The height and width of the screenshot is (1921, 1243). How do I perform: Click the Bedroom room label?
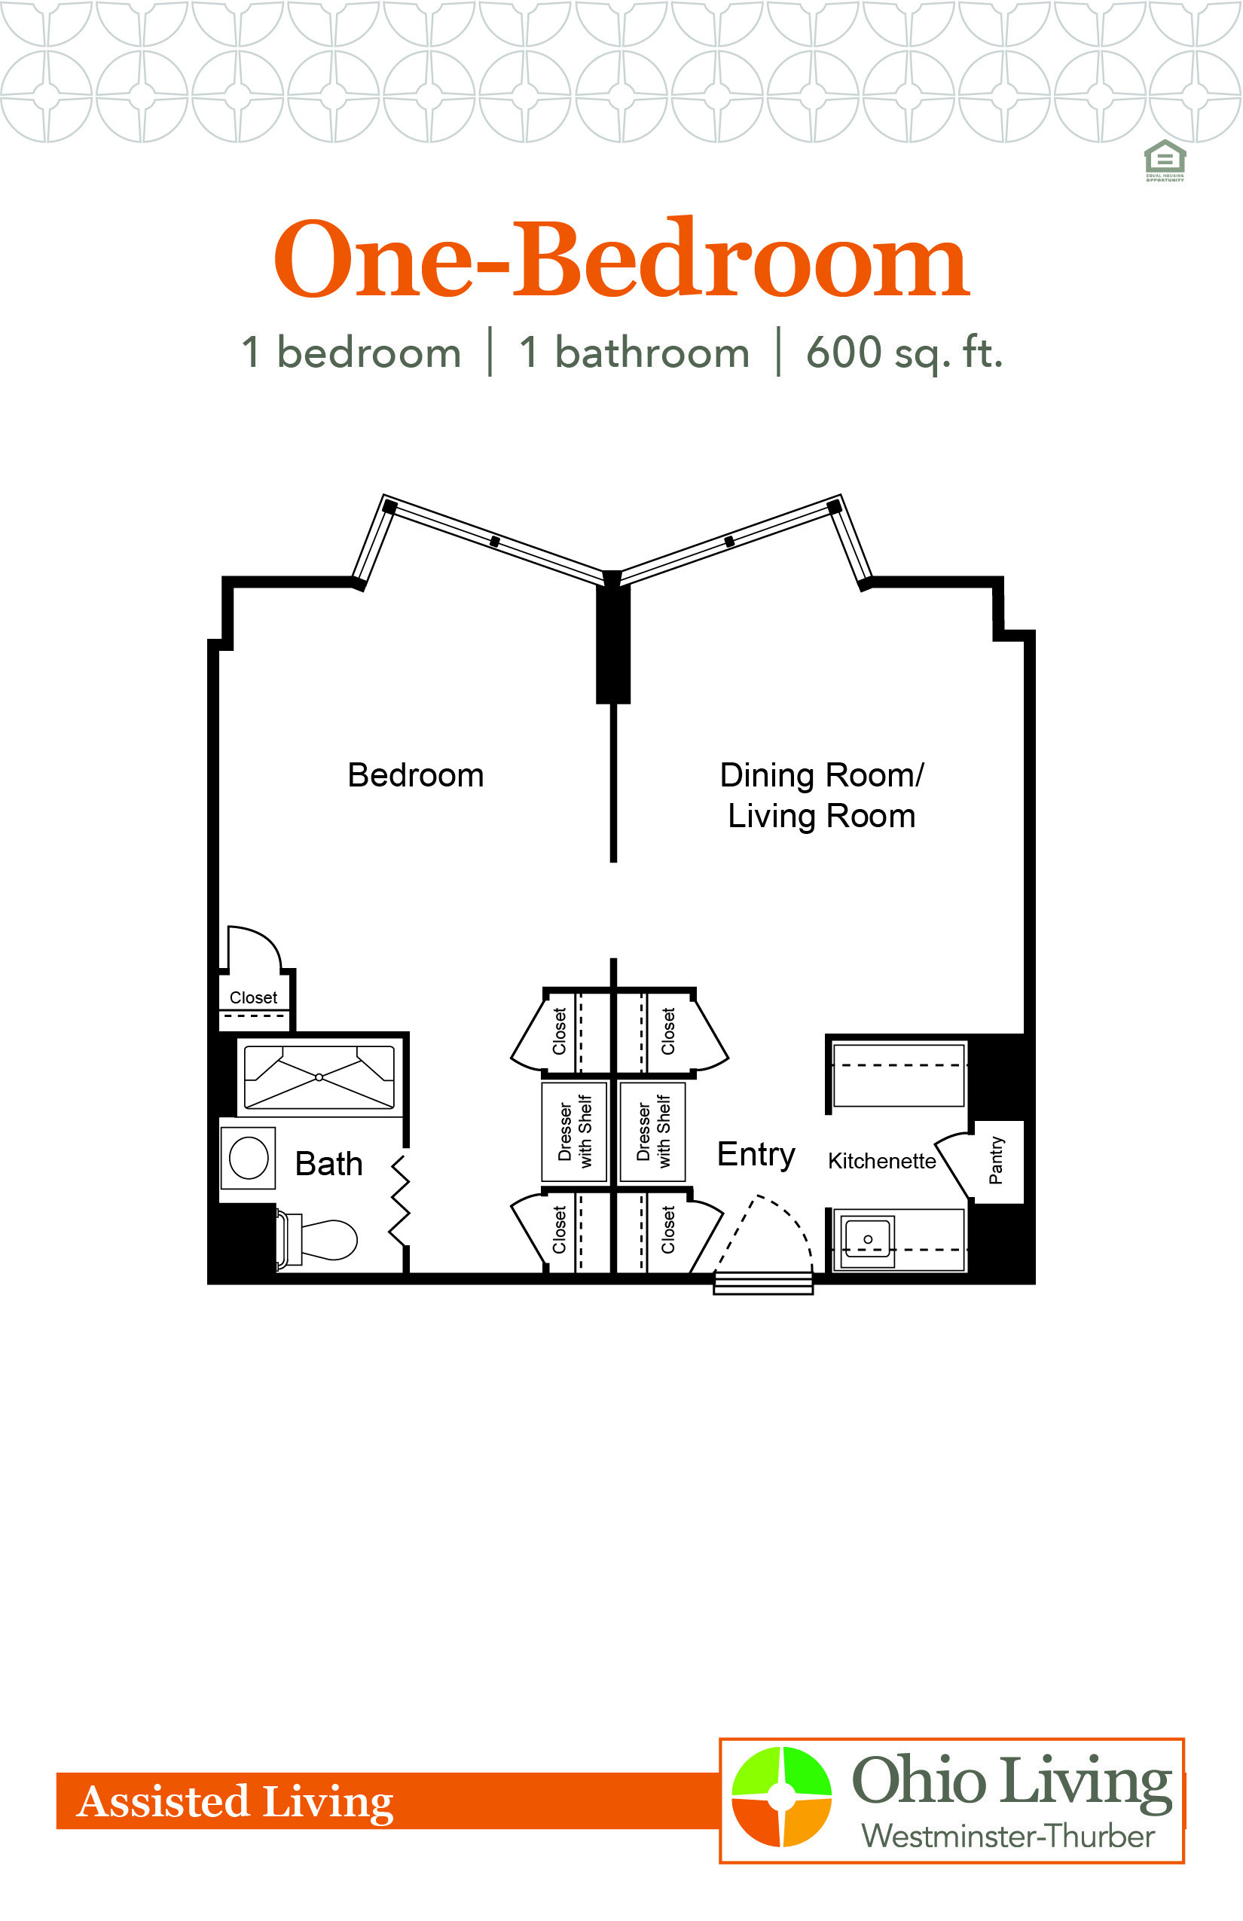416,775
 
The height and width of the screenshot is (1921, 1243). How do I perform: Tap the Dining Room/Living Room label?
822,796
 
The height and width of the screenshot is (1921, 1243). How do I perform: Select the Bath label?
328,1164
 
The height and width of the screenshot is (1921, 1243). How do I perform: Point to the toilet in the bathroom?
317,1240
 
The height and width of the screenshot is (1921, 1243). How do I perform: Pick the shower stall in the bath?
319,1077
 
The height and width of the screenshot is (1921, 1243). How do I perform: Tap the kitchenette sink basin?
868,1239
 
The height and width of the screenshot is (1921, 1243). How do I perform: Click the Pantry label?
996,1161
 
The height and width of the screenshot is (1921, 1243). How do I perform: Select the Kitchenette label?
882,1162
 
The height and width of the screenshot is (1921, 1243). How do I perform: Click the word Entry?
756,1155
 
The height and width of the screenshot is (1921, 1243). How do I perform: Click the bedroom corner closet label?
253,997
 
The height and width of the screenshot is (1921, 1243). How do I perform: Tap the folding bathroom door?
399,1200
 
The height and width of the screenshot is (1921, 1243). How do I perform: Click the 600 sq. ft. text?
904,353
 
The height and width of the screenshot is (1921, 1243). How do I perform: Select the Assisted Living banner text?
235,1802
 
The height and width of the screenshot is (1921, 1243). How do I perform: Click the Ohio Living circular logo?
781,1797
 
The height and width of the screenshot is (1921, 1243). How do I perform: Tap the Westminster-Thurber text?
1008,1837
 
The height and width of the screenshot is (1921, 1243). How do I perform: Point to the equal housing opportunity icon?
1165,160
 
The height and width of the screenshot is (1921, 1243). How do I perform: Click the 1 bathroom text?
634,353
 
